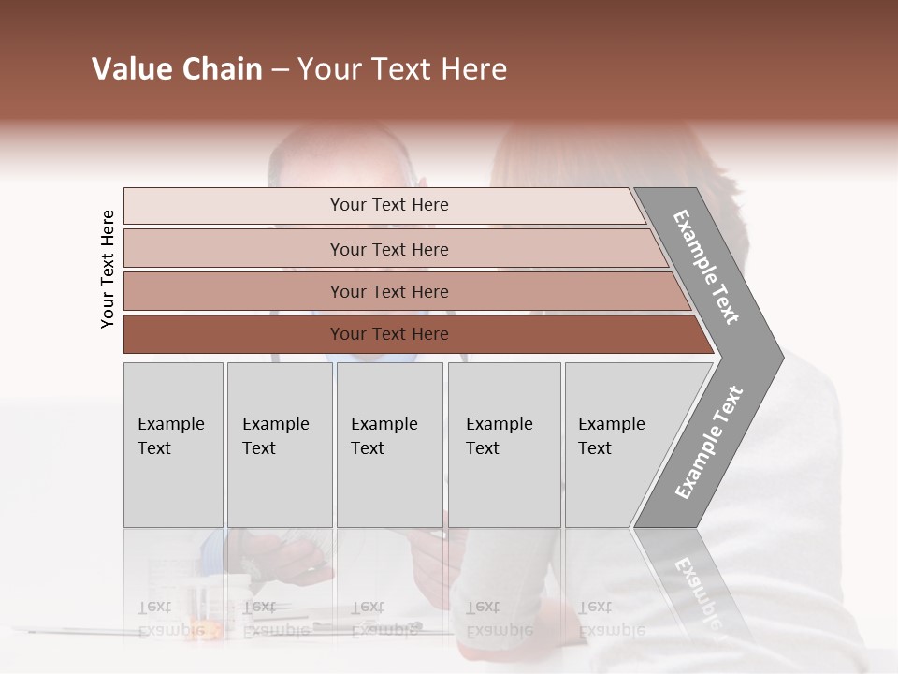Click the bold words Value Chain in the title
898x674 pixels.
pyautogui.click(x=177, y=69)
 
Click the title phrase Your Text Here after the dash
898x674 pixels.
pyautogui.click(x=402, y=69)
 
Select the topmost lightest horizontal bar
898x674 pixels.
pyautogui.click(x=234, y=206)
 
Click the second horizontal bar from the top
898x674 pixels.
pyautogui.click(x=234, y=249)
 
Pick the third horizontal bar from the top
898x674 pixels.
pyautogui.click(x=234, y=291)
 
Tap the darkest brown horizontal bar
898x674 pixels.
pyautogui.click(x=234, y=334)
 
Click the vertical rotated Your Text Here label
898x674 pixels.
pyautogui.click(x=108, y=269)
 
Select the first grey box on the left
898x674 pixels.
pyautogui.click(x=173, y=445)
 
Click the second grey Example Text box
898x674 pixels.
pyautogui.click(x=279, y=445)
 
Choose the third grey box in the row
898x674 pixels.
pyautogui.click(x=389, y=445)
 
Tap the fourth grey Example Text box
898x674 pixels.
pyautogui.click(x=503, y=445)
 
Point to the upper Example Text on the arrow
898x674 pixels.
pyautogui.click(x=706, y=267)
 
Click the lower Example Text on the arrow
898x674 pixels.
pyautogui.click(x=708, y=442)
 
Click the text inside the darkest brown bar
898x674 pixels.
pyautogui.click(x=389, y=334)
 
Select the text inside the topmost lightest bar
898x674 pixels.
pyautogui.click(x=389, y=205)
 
